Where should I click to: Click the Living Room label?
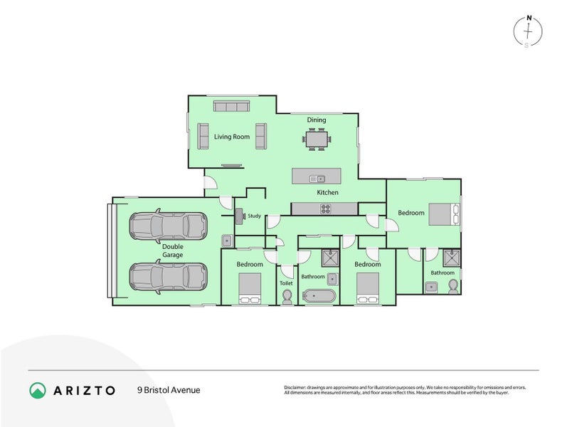(x=232, y=137)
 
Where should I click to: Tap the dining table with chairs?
(x=317, y=138)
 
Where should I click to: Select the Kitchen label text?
(x=327, y=192)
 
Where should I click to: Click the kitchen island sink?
(x=317, y=178)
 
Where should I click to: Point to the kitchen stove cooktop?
(x=326, y=209)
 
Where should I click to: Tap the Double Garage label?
(x=172, y=251)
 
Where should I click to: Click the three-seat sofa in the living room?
(x=231, y=107)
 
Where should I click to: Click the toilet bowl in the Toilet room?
(x=287, y=297)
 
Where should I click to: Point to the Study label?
(x=255, y=216)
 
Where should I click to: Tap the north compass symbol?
(x=527, y=31)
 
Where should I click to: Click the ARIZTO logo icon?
(x=38, y=390)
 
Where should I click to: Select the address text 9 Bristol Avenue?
(x=169, y=390)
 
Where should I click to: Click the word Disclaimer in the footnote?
(x=297, y=387)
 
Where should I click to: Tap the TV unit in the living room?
(x=231, y=166)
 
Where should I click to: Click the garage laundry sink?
(x=227, y=240)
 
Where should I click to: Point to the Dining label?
(x=317, y=120)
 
